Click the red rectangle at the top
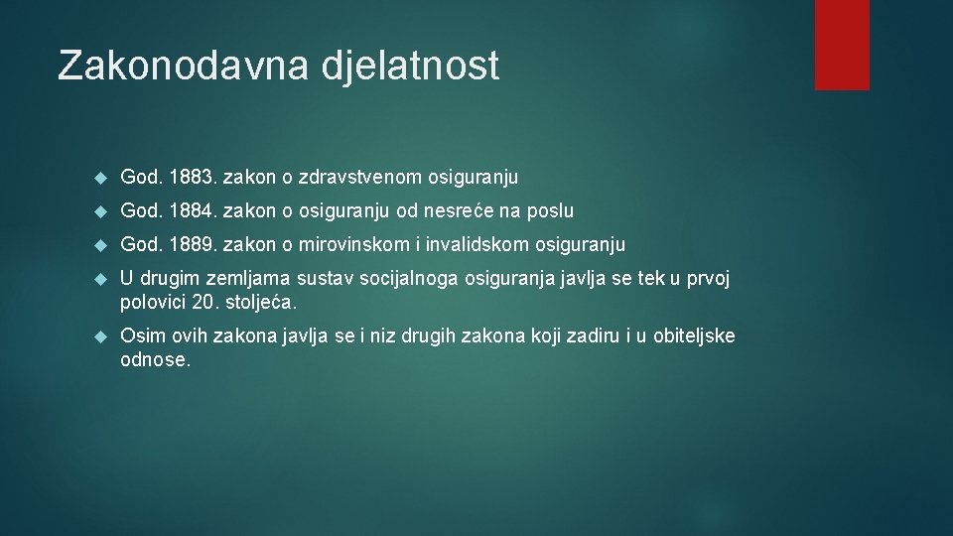[842, 45]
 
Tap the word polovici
[154, 301]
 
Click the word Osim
[140, 335]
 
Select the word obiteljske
[691, 335]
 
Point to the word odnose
[154, 358]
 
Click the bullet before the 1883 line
[98, 178]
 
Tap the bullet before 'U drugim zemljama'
[98, 280]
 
